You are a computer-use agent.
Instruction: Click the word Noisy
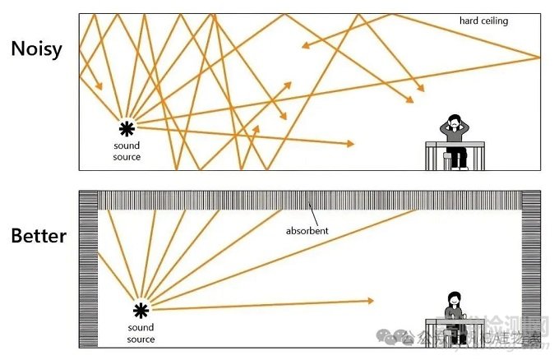(37, 48)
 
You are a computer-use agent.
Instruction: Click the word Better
(39, 237)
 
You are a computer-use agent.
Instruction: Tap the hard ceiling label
(484, 21)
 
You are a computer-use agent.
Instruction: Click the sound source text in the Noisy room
(127, 151)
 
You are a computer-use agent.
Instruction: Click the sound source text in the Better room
(141, 332)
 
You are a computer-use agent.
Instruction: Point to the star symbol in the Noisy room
(127, 127)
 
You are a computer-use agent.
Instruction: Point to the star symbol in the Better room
(141, 309)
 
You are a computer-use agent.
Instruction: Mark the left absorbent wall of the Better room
(88, 279)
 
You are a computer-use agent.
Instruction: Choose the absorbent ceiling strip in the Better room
(312, 200)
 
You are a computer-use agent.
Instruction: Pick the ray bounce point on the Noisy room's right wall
(540, 58)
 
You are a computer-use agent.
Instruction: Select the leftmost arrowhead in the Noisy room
(99, 86)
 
